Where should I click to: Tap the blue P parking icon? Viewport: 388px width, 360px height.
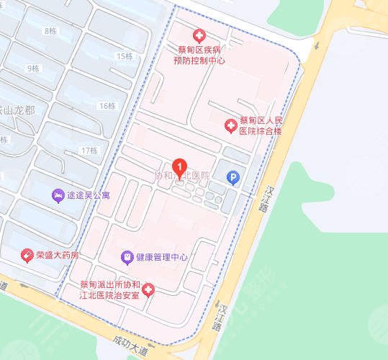tap(232, 176)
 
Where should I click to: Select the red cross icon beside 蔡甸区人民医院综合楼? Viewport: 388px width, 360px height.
tap(230, 126)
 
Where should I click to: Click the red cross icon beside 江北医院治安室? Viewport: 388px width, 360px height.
tap(148, 290)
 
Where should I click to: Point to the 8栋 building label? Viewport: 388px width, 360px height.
tap(50, 30)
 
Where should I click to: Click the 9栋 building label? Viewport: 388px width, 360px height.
tap(32, 68)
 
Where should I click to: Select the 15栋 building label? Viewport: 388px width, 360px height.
tap(125, 56)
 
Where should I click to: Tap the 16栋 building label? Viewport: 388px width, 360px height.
tap(107, 106)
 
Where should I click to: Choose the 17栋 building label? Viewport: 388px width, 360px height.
tap(89, 150)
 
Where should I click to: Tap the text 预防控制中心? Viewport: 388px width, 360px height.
tap(199, 60)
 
